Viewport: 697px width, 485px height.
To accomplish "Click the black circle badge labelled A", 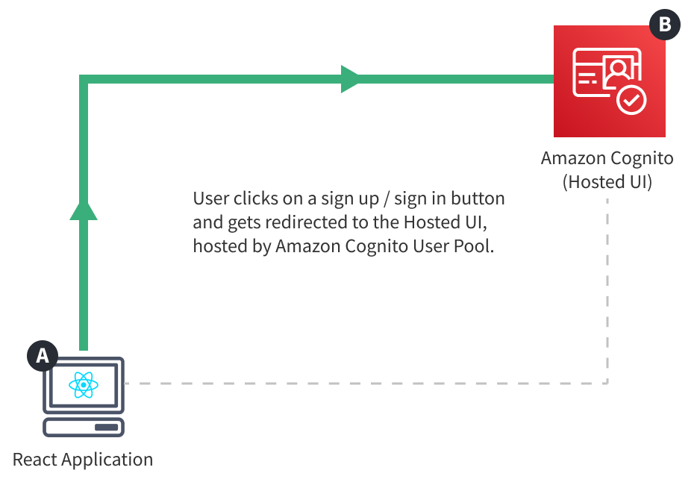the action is pos(43,356).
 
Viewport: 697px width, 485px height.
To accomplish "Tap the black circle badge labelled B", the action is pos(665,25).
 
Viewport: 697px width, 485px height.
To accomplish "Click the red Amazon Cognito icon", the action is pos(610,81).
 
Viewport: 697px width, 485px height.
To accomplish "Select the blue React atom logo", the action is pos(84,385).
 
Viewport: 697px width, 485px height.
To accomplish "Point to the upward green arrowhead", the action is pos(84,210).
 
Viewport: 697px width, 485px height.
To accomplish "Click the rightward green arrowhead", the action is pos(350,79).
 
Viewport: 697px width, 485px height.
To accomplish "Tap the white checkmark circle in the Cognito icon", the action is pos(631,101).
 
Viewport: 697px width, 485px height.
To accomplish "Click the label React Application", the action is pos(83,459).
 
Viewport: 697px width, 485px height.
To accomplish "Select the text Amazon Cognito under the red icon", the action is pos(607,159).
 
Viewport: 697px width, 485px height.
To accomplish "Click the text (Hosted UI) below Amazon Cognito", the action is pos(607,182).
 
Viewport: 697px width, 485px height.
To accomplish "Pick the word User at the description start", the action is pos(210,198).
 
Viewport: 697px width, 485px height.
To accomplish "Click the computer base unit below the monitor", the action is pos(84,428).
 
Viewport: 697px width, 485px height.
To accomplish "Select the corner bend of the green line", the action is pos(84,79).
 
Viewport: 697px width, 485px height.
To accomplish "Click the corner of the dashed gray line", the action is pos(607,383).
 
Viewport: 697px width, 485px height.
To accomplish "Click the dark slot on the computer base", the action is pos(107,428).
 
